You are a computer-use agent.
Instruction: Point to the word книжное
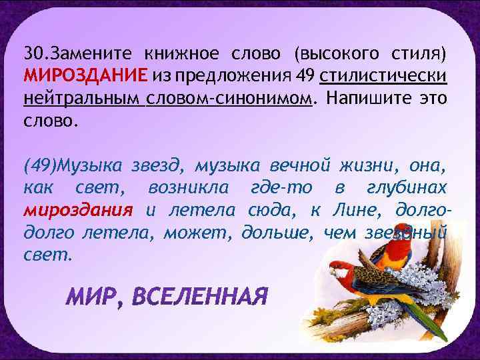[x=180, y=53]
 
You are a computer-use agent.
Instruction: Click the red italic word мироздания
[x=79, y=211]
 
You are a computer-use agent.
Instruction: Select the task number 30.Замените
[x=72, y=53]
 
